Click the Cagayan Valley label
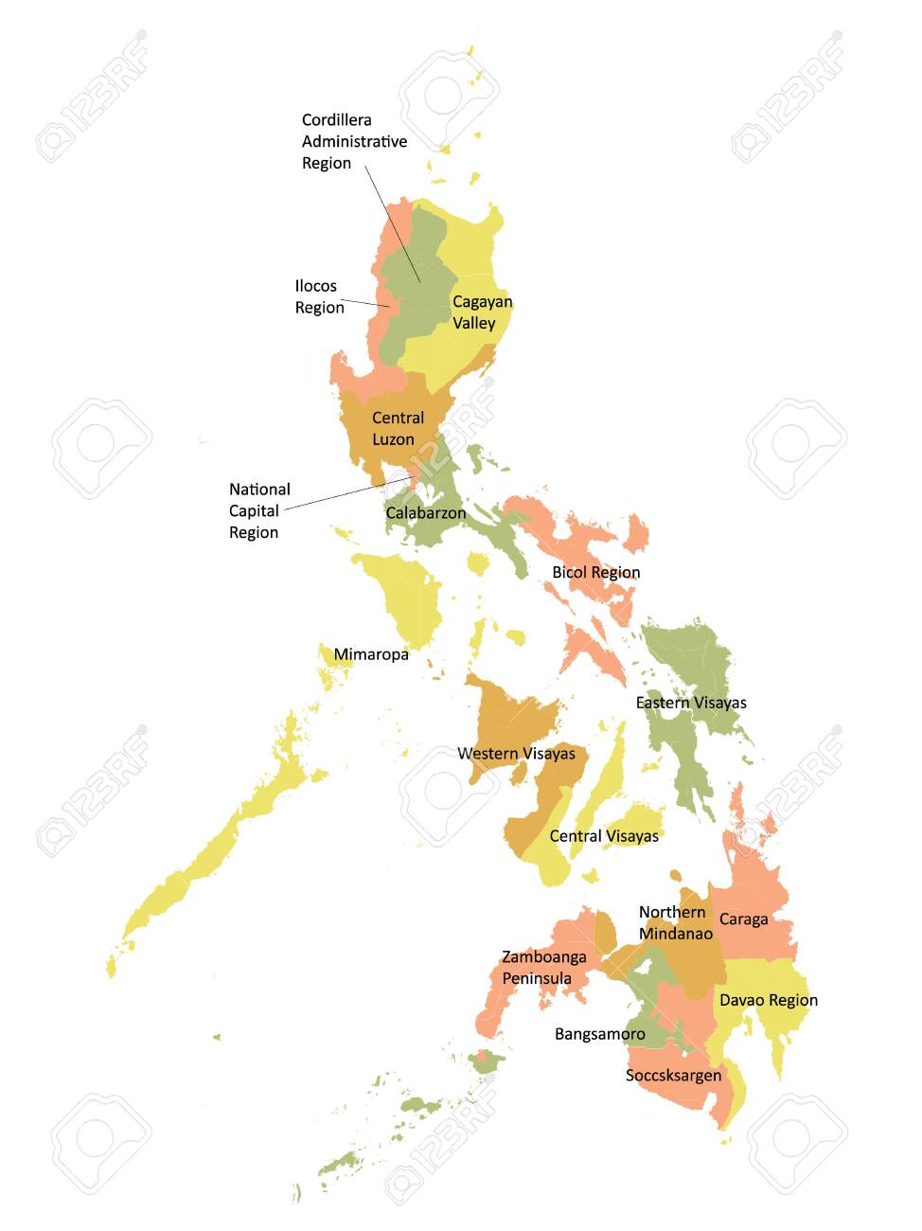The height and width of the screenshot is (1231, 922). (482, 312)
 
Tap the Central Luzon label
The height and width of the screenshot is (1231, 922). (398, 428)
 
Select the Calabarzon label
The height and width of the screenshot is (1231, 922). (425, 513)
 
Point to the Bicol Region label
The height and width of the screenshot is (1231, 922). (595, 572)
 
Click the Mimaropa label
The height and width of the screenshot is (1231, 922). (371, 654)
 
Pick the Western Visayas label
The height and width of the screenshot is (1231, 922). (516, 754)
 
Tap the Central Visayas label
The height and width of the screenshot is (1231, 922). (604, 836)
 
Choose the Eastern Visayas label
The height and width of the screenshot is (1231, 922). (691, 703)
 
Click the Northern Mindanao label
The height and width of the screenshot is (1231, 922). (675, 922)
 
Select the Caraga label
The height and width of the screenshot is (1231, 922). (743, 919)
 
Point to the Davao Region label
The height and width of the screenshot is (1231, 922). (768, 1000)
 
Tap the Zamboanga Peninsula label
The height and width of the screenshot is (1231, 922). (543, 967)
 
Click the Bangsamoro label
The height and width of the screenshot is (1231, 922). (599, 1034)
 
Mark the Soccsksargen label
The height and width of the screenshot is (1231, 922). (673, 1076)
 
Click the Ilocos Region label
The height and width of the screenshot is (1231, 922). (319, 296)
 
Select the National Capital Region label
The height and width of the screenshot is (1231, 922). (259, 510)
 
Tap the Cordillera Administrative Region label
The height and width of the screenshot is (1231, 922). (354, 141)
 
